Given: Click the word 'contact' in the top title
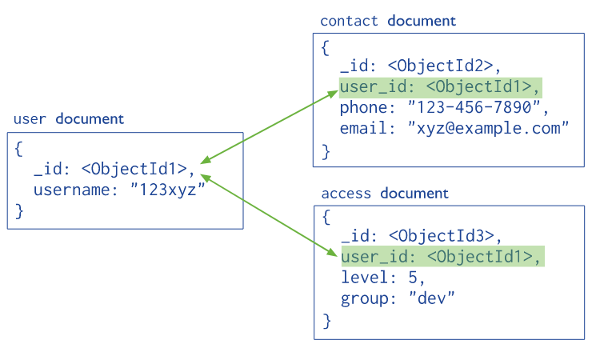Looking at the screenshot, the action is [349, 21].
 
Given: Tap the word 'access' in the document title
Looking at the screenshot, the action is [346, 194].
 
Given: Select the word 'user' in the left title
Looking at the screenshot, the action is [30, 119].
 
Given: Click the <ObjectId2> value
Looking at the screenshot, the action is [440, 66].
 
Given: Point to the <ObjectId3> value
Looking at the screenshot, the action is [442, 236].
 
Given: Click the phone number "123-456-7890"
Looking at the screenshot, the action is [474, 107].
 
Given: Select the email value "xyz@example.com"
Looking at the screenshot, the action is [488, 128].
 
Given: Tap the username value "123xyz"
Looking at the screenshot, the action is [168, 189].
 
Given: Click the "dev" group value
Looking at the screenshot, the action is [432, 298].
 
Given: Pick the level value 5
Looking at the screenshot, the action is [413, 278].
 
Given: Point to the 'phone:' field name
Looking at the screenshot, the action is [367, 108].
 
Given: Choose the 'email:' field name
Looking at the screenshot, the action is [367, 128].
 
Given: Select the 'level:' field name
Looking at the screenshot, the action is [369, 278].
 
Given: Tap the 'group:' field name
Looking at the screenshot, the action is [369, 299].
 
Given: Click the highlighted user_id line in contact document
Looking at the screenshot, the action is [441, 88].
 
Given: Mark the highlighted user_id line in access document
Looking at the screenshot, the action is [443, 257].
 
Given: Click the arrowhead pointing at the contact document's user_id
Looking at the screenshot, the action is [332, 94].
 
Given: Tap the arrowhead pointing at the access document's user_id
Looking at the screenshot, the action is [331, 252].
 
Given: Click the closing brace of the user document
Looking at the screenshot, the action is [19, 211].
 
